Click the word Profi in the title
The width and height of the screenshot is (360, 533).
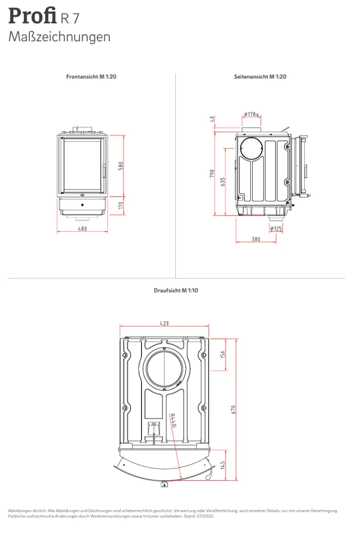tap(32, 16)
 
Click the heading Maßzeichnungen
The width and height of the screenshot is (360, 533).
tap(59, 37)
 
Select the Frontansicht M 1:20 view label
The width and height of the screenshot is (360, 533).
tap(91, 77)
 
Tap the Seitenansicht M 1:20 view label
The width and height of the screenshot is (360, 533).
tap(260, 77)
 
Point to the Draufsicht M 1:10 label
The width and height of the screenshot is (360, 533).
tap(176, 290)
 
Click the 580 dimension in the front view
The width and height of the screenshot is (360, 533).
tap(121, 166)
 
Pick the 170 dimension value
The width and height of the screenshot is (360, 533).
tap(121, 206)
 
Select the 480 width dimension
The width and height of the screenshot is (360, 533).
tap(83, 229)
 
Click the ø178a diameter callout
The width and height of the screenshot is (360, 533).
tap(251, 114)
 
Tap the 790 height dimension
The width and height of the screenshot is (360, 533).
tap(212, 174)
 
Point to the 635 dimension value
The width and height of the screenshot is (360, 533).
tap(223, 182)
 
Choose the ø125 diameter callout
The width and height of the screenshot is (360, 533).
tap(276, 229)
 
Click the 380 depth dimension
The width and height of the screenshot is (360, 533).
tap(256, 239)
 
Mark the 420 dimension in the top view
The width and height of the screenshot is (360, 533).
tap(164, 323)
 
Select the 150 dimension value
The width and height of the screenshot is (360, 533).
tap(223, 355)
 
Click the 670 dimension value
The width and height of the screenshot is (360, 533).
tap(233, 409)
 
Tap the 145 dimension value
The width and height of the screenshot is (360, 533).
tap(223, 465)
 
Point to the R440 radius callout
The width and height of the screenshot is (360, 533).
tap(173, 421)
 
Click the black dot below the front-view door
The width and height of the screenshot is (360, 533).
tap(82, 205)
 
